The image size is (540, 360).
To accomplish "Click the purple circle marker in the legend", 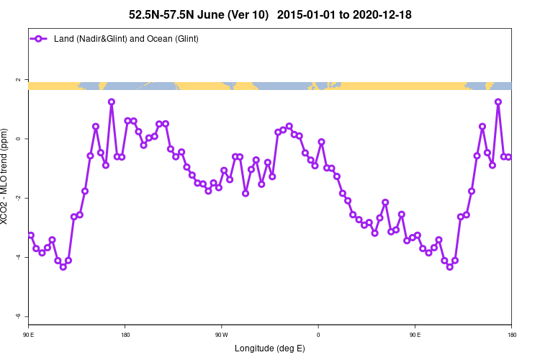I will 40,38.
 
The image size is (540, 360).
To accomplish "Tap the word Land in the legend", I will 64,38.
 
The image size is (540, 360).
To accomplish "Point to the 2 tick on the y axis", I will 18,80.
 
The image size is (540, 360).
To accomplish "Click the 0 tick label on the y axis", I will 18,139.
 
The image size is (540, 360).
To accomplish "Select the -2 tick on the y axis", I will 18,198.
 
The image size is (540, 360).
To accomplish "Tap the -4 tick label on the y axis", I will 18,257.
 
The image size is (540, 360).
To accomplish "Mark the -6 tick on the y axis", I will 18,316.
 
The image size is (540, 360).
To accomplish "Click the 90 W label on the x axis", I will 222,335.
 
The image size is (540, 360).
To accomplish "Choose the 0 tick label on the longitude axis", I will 318,335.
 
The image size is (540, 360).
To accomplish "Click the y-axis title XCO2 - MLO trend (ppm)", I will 6,177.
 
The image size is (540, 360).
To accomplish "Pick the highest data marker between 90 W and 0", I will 289,126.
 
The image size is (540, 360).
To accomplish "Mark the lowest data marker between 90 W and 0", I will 246,193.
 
